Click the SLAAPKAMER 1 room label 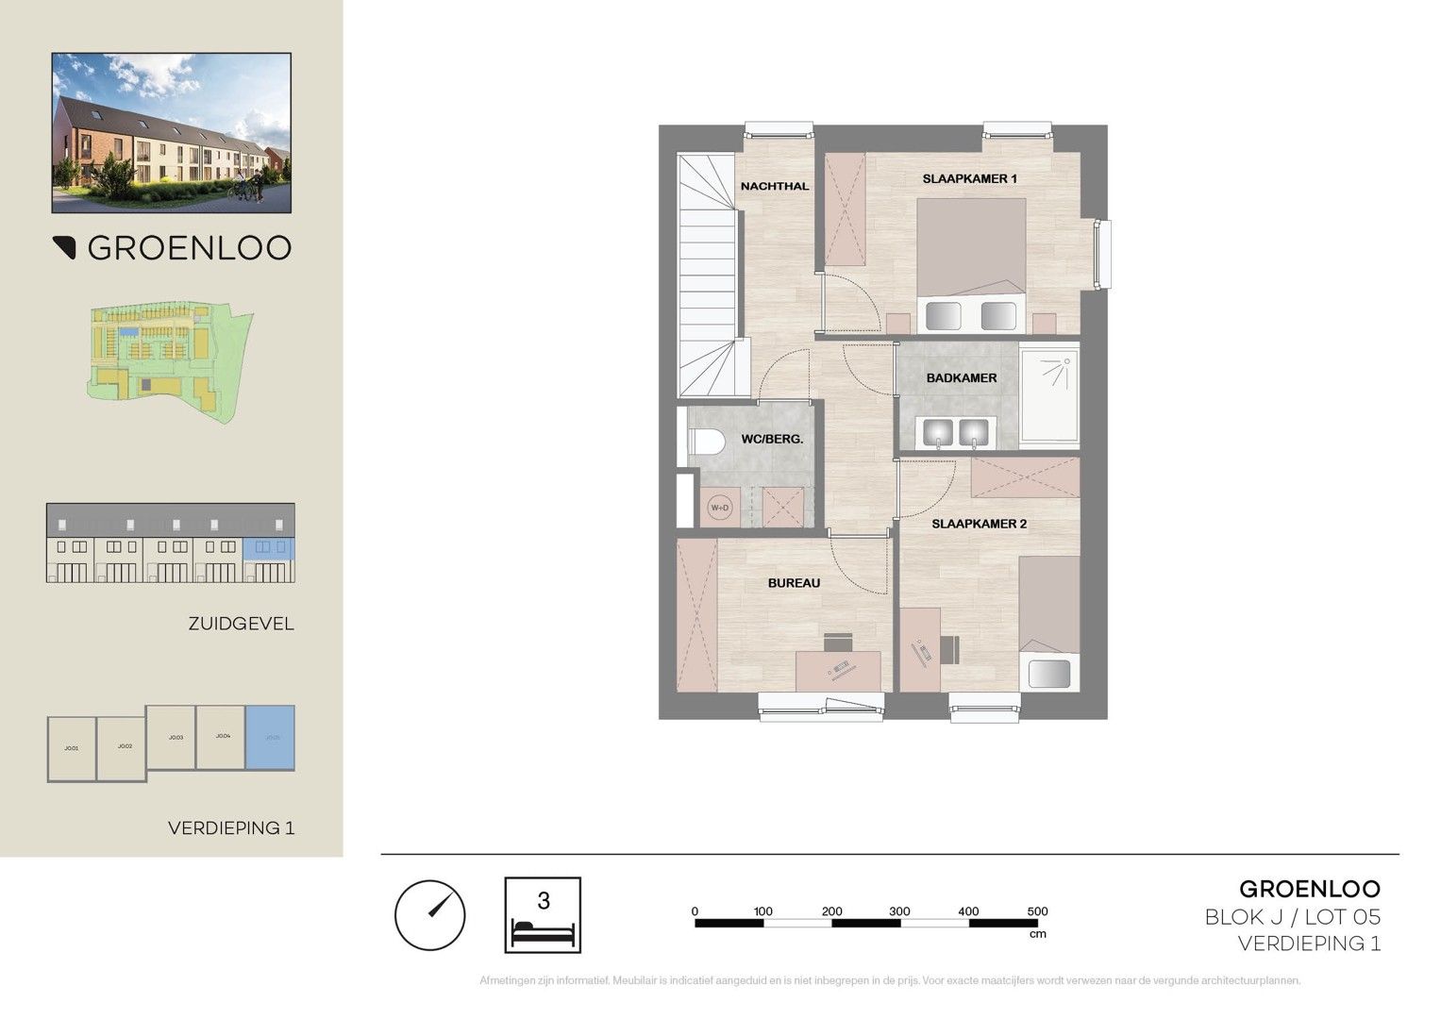(969, 178)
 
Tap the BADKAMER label (962, 377)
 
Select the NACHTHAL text (775, 186)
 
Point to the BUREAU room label (794, 583)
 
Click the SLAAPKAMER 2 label (979, 524)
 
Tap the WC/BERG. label (772, 439)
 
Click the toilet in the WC (703, 442)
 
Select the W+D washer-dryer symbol (719, 508)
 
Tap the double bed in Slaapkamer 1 (971, 264)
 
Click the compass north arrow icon (429, 915)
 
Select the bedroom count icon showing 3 (543, 915)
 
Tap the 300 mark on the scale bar (899, 912)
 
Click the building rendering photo (171, 132)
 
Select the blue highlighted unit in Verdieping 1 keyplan (270, 737)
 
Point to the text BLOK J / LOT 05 (1292, 916)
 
